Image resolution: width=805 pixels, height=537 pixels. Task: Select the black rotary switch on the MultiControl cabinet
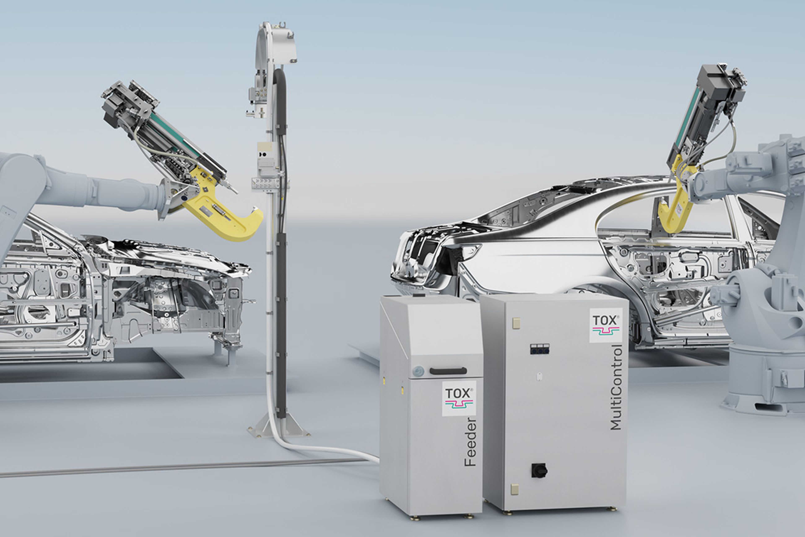coord(539,470)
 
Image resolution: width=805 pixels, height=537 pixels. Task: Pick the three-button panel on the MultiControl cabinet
coord(539,349)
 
